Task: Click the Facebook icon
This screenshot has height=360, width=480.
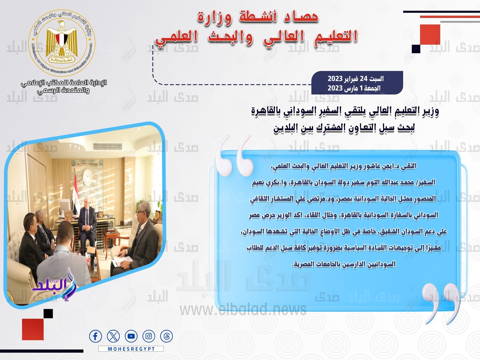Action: [x=95, y=336]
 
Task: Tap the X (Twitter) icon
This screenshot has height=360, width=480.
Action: [x=113, y=336]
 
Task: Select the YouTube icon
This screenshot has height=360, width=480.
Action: [x=131, y=336]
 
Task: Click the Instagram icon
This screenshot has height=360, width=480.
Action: [x=149, y=336]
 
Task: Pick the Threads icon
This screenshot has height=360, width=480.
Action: [x=166, y=336]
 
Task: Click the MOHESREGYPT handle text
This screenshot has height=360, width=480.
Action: [x=131, y=349]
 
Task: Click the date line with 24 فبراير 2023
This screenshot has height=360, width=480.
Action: [x=355, y=79]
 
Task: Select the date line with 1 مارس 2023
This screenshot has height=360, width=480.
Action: [x=354, y=88]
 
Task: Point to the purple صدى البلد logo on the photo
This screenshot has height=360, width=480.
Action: [x=54, y=285]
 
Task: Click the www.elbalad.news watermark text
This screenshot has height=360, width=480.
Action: [x=243, y=309]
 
